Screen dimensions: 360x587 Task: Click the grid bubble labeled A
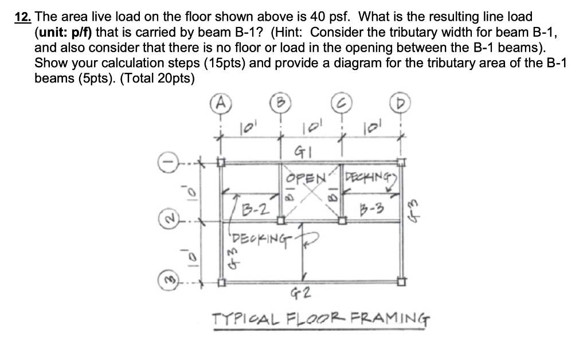221,105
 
